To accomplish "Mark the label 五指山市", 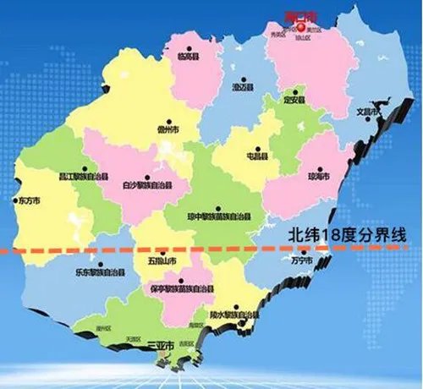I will point(161,260).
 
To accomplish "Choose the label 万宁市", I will point(301,262).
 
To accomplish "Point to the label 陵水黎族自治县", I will point(234,315).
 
